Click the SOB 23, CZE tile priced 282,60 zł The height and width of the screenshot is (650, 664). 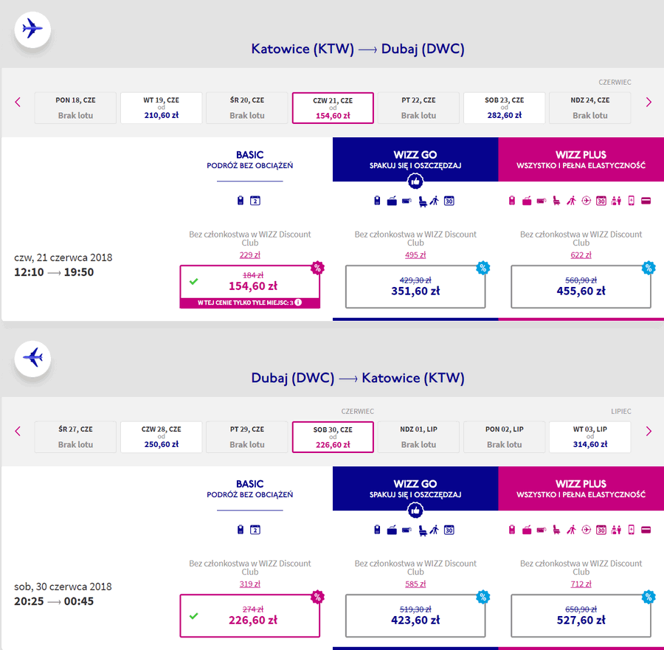pos(504,108)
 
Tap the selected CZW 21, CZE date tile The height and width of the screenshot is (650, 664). pos(333,108)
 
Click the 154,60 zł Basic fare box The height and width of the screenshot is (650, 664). pos(250,287)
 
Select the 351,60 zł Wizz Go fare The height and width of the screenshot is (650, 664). pos(415,287)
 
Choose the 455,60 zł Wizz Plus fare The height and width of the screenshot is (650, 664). pos(581,287)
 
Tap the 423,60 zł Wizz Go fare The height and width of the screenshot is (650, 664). pos(415,616)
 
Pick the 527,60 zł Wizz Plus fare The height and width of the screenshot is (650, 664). pos(581,616)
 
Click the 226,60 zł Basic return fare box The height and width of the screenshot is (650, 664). pos(250,616)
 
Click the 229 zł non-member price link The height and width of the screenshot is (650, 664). pos(250,255)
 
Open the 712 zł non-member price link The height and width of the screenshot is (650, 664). pos(581,584)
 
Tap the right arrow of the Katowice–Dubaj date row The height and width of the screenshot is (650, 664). pos(649,102)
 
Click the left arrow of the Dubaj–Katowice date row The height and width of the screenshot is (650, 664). pos(18,431)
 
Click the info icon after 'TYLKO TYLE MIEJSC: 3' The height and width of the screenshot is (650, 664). pos(298,302)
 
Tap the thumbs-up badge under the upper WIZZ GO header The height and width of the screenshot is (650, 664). pos(415,181)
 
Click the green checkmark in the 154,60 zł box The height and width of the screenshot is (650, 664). pos(193,281)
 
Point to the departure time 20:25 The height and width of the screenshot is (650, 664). pos(29,601)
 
